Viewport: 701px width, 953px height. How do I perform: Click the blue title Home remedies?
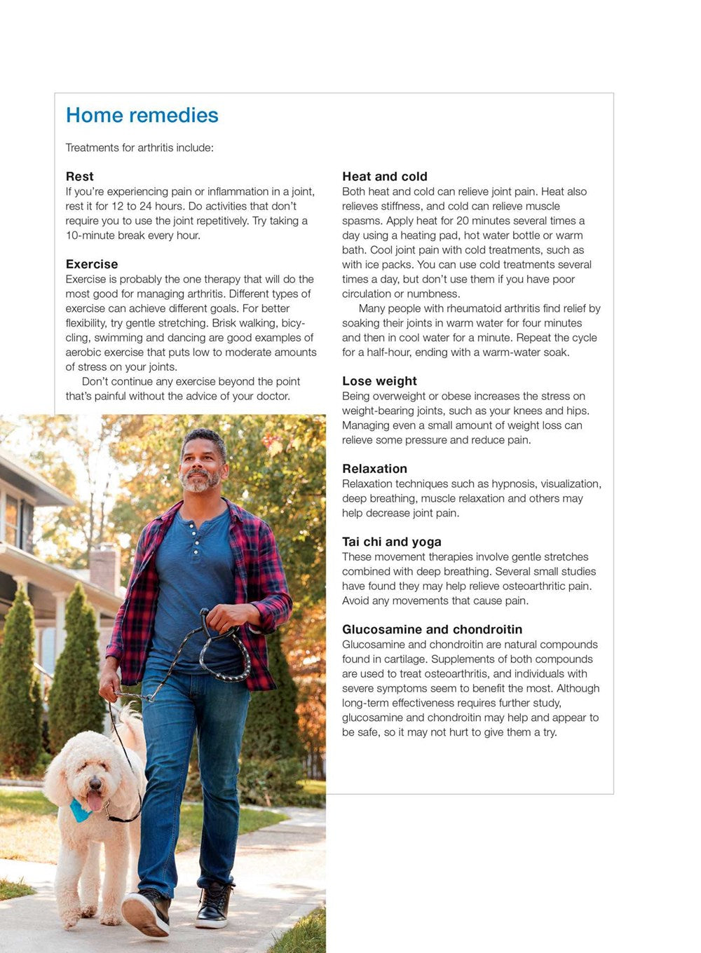(x=142, y=116)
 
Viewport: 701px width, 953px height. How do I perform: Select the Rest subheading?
(x=79, y=177)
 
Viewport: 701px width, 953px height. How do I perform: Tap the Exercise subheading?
(x=92, y=264)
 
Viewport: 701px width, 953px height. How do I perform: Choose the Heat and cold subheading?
(x=384, y=177)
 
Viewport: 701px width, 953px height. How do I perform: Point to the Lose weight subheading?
(x=379, y=381)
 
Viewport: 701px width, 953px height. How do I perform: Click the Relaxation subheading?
(x=374, y=469)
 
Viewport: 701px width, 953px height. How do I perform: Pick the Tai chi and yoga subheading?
(x=392, y=542)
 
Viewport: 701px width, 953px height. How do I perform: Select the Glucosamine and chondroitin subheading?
(x=432, y=629)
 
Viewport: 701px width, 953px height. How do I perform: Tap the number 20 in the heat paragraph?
(x=463, y=221)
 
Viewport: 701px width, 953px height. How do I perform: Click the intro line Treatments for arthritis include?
(x=139, y=148)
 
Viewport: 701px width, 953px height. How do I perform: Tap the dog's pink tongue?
(x=93, y=801)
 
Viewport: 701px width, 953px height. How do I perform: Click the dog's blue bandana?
(x=79, y=811)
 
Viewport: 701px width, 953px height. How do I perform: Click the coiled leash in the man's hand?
(x=226, y=648)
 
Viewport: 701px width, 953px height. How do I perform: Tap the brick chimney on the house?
(x=105, y=568)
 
